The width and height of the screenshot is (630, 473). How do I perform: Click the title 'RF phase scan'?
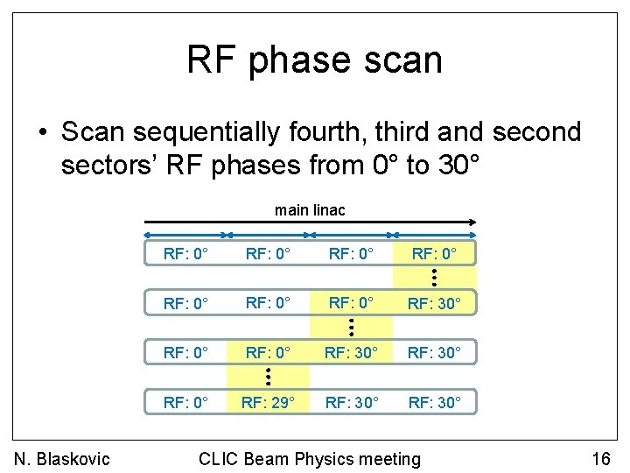314,60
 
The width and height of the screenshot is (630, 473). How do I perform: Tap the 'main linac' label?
310,210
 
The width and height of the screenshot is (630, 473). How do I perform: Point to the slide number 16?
600,458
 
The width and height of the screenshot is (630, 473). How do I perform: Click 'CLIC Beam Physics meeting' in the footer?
310,458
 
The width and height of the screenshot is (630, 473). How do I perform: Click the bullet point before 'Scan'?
42,133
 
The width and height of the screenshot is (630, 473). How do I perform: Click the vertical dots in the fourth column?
435,279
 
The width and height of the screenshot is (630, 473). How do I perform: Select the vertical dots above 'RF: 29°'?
269,378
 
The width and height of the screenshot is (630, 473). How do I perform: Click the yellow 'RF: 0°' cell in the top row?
435,255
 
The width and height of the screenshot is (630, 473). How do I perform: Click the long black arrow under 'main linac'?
310,222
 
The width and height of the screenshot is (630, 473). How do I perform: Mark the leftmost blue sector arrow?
185,235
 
